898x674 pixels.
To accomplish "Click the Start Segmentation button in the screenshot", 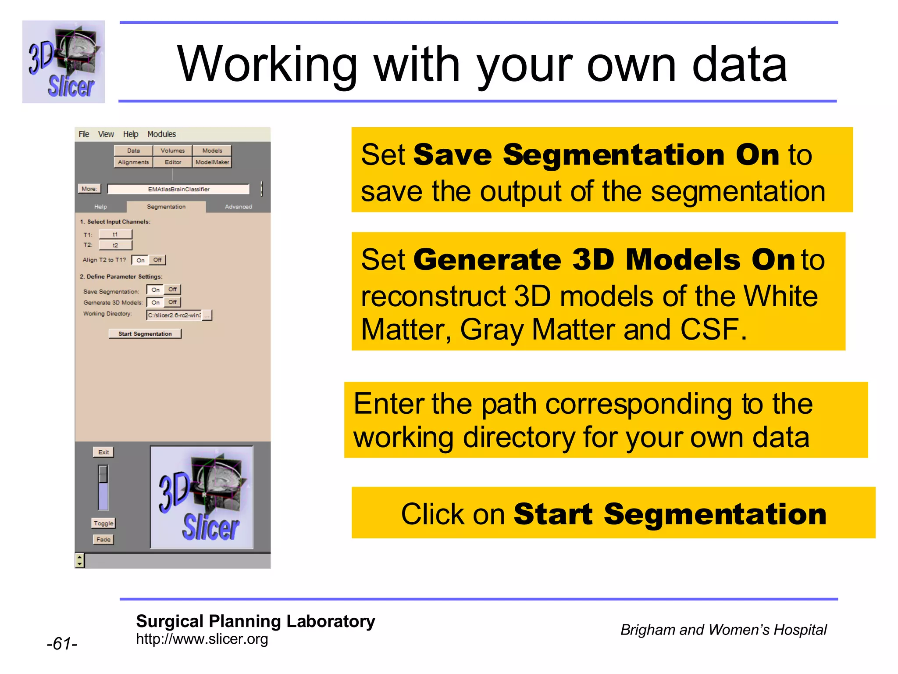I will click(x=145, y=334).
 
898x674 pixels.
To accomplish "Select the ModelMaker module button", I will click(x=212, y=162).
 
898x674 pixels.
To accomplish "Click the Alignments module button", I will click(x=133, y=162).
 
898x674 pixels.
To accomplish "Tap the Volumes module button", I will click(x=173, y=151).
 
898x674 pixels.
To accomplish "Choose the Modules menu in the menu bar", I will click(x=161, y=134).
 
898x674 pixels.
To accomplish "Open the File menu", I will click(x=84, y=134).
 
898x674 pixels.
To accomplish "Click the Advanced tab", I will click(x=238, y=207).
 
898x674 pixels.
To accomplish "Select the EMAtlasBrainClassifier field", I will click(x=178, y=189).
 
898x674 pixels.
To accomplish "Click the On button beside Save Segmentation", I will click(x=155, y=290).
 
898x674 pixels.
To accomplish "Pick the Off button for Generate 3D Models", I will click(x=173, y=302).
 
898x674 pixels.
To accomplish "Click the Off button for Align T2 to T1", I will click(x=157, y=260).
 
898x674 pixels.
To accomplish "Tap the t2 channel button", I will click(x=115, y=245).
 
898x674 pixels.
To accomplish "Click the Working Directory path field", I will click(x=174, y=315).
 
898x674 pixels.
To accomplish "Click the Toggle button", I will click(x=103, y=523).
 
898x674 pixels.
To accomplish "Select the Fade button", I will click(x=103, y=540).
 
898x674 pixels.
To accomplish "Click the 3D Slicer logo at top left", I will click(x=64, y=62).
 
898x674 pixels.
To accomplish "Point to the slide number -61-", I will click(x=62, y=644).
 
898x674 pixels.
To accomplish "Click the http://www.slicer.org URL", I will click(x=202, y=639).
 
